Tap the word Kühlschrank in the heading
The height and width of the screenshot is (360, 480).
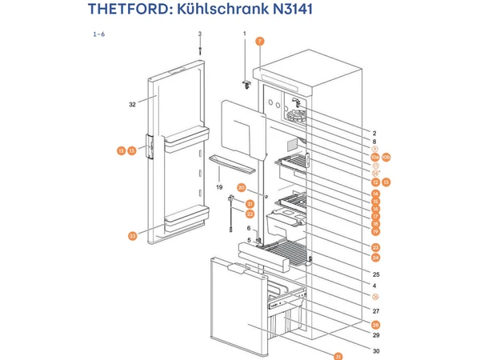pyautogui.click(x=216, y=10)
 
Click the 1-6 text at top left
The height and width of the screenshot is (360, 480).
pyautogui.click(x=99, y=34)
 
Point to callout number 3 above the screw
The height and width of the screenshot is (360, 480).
pyautogui.click(x=200, y=33)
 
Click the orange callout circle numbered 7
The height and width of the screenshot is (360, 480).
pyautogui.click(x=259, y=40)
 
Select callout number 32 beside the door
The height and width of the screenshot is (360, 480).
pyautogui.click(x=133, y=104)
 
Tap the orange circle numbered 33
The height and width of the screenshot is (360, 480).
pyautogui.click(x=132, y=236)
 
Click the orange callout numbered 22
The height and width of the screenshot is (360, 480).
pyautogui.click(x=250, y=214)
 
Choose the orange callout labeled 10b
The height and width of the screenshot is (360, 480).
pyautogui.click(x=386, y=156)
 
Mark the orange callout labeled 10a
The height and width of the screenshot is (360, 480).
pyautogui.click(x=374, y=156)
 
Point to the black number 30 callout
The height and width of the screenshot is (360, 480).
pyautogui.click(x=375, y=350)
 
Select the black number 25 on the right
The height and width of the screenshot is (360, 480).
pyautogui.click(x=375, y=275)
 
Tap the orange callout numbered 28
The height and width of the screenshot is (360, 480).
pyautogui.click(x=375, y=325)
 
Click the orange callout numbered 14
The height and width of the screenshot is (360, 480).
pyautogui.click(x=375, y=194)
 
